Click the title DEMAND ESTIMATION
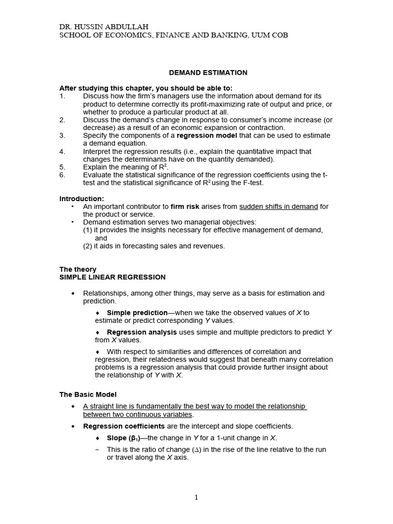point(201,73)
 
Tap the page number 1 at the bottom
point(197,497)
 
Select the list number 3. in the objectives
point(62,136)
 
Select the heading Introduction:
point(82,199)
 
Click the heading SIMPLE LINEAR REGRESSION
point(113,277)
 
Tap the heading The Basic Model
point(88,395)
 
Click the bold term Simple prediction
point(137,313)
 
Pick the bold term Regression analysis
point(142,332)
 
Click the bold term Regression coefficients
point(124,426)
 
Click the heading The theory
point(78,269)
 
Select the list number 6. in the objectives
point(62,175)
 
